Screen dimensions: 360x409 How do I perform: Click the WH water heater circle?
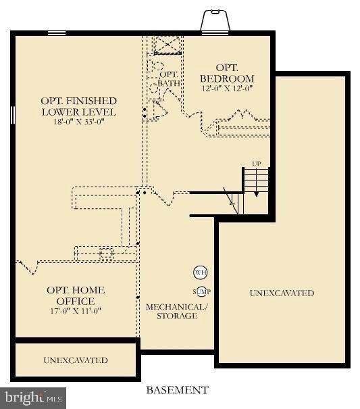[x=200, y=273]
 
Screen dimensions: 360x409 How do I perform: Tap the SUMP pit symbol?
[x=201, y=291]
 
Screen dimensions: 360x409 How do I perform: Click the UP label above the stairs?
[x=256, y=164]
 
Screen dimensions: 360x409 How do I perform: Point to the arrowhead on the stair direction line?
[x=256, y=194]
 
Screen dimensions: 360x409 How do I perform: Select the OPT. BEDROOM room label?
[x=227, y=73]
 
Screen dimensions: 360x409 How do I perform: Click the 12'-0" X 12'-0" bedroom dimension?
[x=228, y=89]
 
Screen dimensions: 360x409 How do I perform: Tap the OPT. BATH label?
[x=169, y=79]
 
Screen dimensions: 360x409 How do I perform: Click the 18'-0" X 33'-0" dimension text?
[x=79, y=122]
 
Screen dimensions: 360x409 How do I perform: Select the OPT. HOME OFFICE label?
[x=76, y=295]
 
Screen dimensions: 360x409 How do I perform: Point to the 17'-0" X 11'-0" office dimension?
[x=76, y=311]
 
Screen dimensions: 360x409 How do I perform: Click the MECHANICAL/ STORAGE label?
[x=177, y=311]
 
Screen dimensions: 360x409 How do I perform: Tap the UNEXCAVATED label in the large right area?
[x=282, y=293]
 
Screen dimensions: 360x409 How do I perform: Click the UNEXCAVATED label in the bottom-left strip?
[x=76, y=360]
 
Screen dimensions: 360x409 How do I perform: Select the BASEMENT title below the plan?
[x=177, y=390]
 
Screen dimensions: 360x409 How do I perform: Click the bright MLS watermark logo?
[x=33, y=398]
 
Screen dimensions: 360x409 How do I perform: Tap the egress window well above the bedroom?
[x=215, y=20]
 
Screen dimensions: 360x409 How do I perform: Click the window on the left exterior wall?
[x=13, y=115]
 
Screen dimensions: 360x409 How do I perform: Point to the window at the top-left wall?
[x=57, y=33]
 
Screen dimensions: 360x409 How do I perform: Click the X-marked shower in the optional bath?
[x=167, y=45]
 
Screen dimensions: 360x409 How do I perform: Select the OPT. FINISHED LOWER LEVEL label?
[x=79, y=106]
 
